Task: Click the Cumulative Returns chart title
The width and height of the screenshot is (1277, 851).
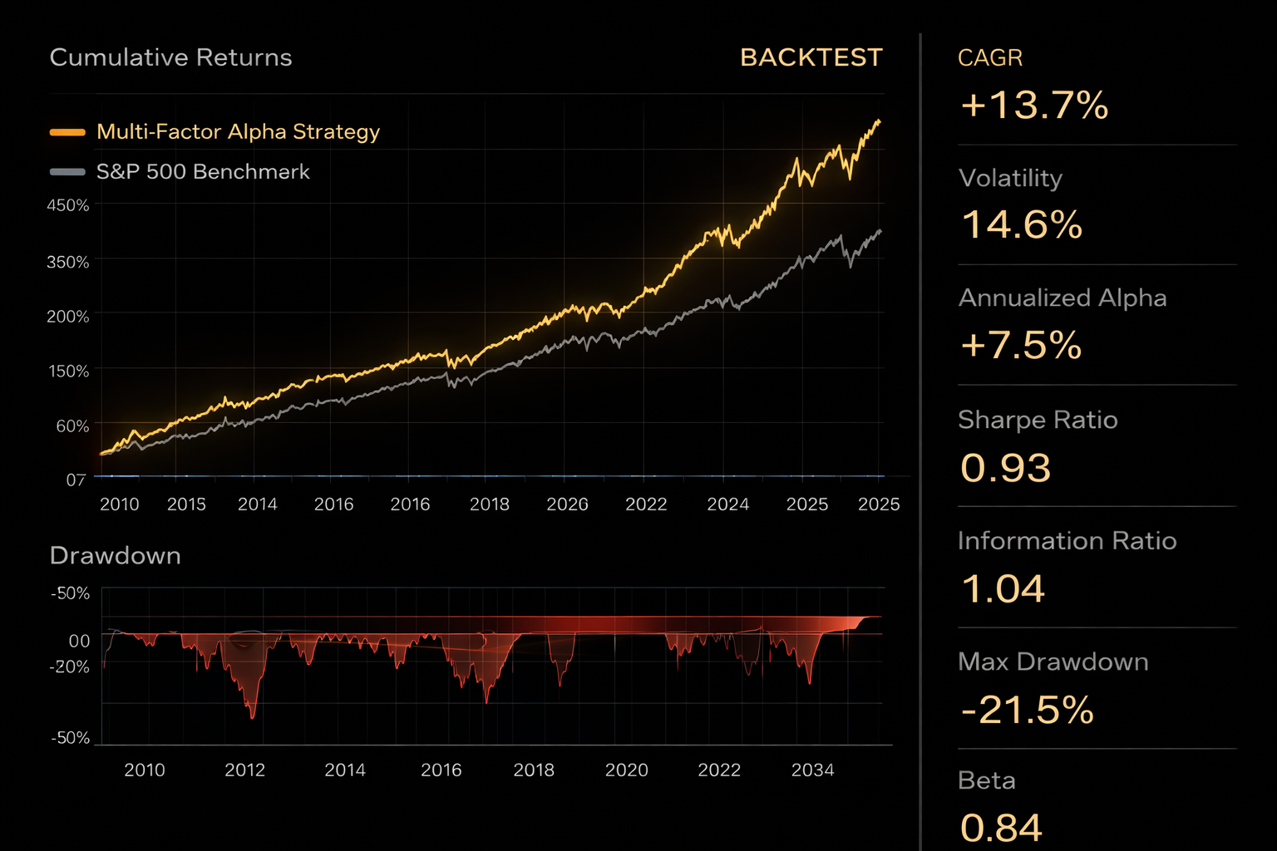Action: click(x=170, y=57)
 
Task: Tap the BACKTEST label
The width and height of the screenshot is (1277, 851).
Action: click(x=811, y=57)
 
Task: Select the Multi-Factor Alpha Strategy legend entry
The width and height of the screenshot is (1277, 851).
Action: click(x=238, y=131)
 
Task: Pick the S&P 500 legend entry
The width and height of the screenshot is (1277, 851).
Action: click(x=203, y=172)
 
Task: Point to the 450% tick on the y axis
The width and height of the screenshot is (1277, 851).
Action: click(x=68, y=205)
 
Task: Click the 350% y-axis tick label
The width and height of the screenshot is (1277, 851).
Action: click(x=68, y=262)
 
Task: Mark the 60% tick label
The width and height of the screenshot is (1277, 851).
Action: click(x=72, y=425)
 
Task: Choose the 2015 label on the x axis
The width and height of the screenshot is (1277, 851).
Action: click(x=186, y=504)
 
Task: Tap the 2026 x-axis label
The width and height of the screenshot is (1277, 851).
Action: click(x=567, y=504)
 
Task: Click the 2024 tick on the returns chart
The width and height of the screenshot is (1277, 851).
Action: click(x=727, y=504)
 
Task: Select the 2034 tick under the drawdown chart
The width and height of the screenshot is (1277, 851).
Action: click(x=812, y=770)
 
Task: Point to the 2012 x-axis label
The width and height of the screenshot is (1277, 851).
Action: click(x=244, y=770)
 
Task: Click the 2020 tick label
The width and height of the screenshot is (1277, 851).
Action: click(x=626, y=770)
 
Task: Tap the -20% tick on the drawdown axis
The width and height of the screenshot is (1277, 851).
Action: click(x=70, y=667)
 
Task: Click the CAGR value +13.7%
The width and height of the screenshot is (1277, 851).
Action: click(x=1034, y=106)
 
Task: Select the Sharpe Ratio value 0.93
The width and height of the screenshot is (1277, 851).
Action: click(x=1005, y=468)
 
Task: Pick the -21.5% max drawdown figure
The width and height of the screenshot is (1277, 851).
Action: click(x=1027, y=711)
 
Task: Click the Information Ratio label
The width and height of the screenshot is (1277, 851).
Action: click(x=1067, y=541)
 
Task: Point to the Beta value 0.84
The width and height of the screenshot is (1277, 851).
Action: click(x=1001, y=828)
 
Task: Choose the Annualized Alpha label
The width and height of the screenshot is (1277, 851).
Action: click(x=1062, y=298)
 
